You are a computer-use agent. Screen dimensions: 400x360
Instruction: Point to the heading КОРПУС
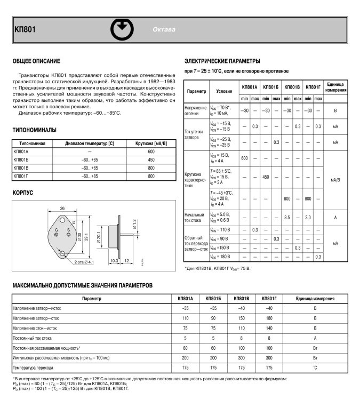pos(23,190)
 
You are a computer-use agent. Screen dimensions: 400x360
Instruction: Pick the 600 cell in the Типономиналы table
pos(150,152)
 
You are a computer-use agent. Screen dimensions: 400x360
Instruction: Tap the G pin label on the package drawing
pos(56,229)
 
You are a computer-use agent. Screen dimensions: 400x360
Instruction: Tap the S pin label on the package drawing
pos(68,229)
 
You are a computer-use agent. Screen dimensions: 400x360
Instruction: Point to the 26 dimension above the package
pos(62,208)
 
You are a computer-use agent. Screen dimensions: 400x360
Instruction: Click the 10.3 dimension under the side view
pos(114,261)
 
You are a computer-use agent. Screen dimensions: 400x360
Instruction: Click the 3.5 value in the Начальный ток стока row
pos(287,217)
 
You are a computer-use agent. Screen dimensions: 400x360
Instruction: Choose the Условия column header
pos(220,91)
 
